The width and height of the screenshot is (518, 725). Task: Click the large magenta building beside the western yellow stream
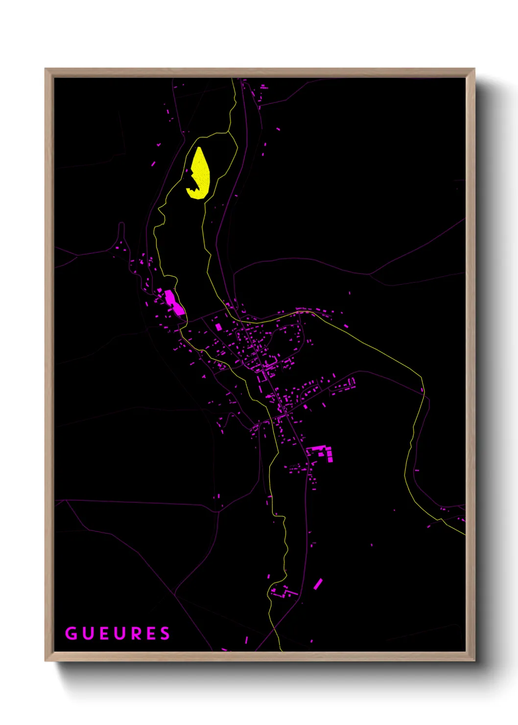coord(174,302)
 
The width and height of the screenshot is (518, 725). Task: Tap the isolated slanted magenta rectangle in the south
coord(318,583)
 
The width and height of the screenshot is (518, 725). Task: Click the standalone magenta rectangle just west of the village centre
coord(218,326)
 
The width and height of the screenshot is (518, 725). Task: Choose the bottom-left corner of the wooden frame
coord(46,660)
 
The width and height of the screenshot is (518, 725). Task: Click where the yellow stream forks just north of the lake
coord(229,132)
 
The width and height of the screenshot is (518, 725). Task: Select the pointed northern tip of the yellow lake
coord(199,148)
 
